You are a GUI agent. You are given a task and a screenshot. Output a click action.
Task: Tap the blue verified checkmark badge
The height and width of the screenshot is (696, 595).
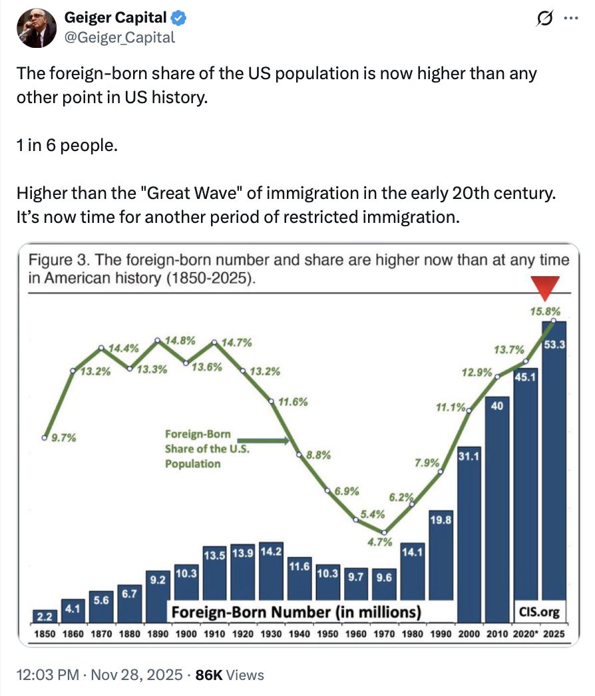tap(178, 17)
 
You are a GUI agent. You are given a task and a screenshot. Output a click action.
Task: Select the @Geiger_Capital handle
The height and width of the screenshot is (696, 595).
tap(120, 37)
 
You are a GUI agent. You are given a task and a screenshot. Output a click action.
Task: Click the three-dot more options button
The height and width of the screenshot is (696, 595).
tap(570, 18)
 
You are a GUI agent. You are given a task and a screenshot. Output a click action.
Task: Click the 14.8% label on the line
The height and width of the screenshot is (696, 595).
tap(179, 341)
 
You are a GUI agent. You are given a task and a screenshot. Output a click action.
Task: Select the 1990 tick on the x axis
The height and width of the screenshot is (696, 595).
tap(441, 634)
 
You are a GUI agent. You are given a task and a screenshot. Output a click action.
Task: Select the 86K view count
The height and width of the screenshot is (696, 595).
tap(209, 675)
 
